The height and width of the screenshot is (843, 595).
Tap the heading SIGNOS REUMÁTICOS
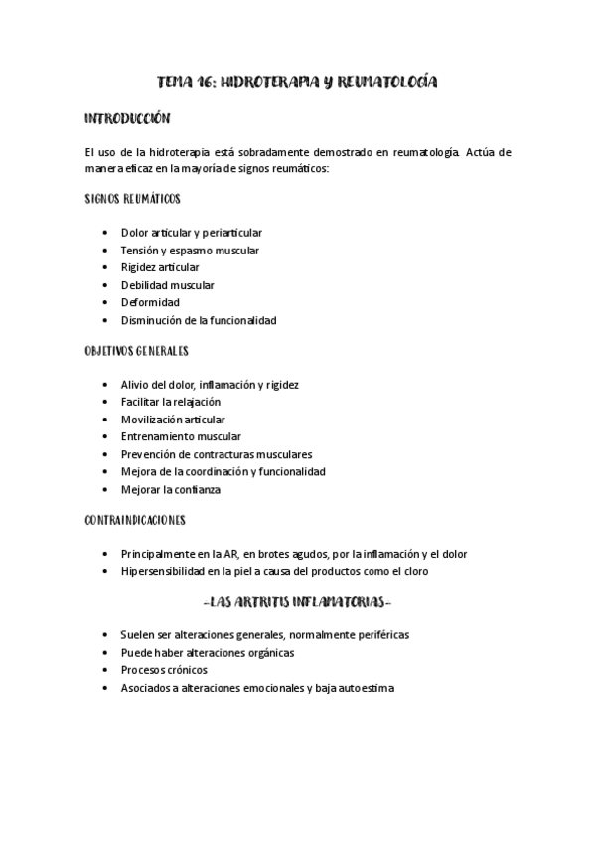[133, 199]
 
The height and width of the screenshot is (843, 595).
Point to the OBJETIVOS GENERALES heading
[137, 351]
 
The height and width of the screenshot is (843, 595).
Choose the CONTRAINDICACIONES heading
[136, 520]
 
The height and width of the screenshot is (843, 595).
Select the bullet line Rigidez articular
[159, 267]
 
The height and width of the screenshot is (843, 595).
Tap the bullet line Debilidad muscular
[167, 285]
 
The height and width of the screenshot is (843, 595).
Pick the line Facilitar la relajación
[171, 402]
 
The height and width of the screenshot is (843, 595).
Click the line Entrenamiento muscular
[180, 436]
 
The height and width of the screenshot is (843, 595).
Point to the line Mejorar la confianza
[171, 489]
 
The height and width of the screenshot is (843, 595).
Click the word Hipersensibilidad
[164, 572]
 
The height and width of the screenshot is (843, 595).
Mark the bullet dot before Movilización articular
[106, 420]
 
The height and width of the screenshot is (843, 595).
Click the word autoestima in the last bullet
[368, 688]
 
